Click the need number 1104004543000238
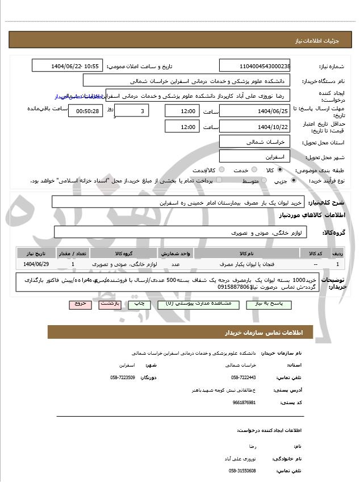[254, 67]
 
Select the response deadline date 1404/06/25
[254, 111]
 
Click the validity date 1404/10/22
[254, 126]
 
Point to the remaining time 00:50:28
[86, 111]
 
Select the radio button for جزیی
[293, 181]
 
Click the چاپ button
[139, 304]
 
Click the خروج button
[81, 304]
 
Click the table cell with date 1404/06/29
[37, 264]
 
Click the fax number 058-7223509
[123, 377]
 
